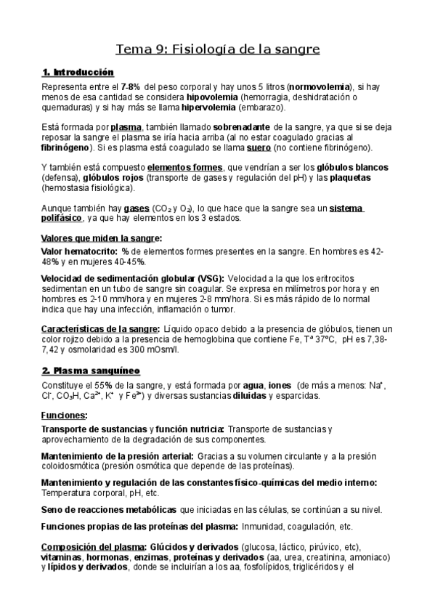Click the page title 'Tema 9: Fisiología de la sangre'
click(x=218, y=49)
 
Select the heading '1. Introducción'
click(x=78, y=72)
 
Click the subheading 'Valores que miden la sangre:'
click(x=102, y=238)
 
